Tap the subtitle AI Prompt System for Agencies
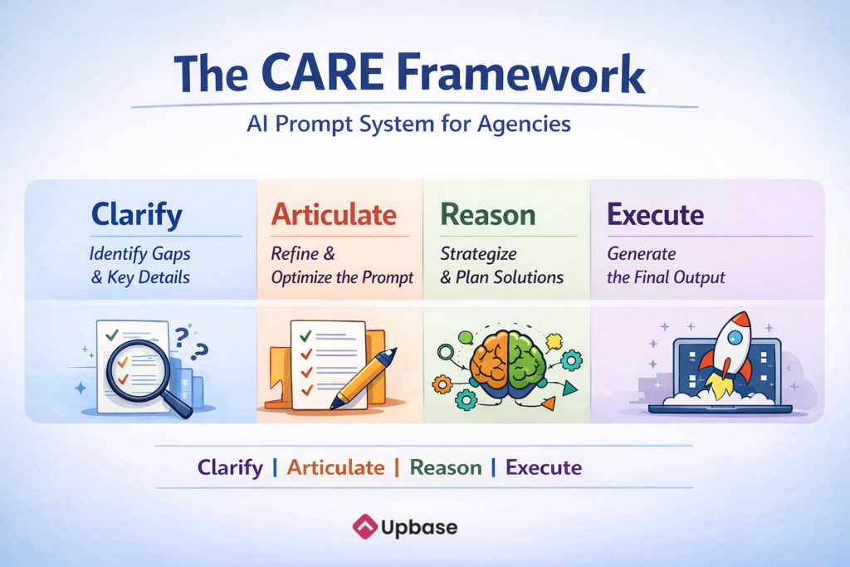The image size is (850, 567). click(408, 125)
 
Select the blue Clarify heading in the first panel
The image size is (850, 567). click(137, 215)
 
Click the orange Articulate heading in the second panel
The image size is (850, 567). click(334, 214)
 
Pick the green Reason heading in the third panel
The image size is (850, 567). click(488, 215)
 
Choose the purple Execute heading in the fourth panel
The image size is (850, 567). click(656, 215)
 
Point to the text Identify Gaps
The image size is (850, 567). click(139, 254)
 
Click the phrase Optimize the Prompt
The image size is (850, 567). click(342, 277)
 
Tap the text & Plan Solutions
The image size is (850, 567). click(502, 277)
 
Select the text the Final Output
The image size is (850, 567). click(666, 277)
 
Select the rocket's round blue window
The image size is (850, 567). click(735, 338)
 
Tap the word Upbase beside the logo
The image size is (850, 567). click(419, 527)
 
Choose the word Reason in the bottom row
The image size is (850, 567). click(446, 467)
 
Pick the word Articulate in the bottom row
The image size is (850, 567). click(335, 467)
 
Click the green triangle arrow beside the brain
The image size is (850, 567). click(569, 389)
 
